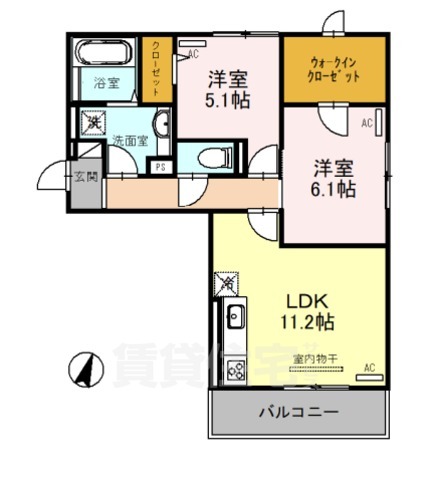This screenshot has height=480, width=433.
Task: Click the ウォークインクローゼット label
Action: click(331, 69)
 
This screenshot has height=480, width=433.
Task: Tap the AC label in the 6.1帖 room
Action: click(366, 123)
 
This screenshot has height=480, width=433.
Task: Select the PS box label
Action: click(159, 167)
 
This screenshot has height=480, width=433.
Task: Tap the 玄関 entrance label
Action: click(84, 178)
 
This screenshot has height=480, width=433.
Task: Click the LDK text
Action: click(307, 300)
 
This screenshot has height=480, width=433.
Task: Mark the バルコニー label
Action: click(299, 412)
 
